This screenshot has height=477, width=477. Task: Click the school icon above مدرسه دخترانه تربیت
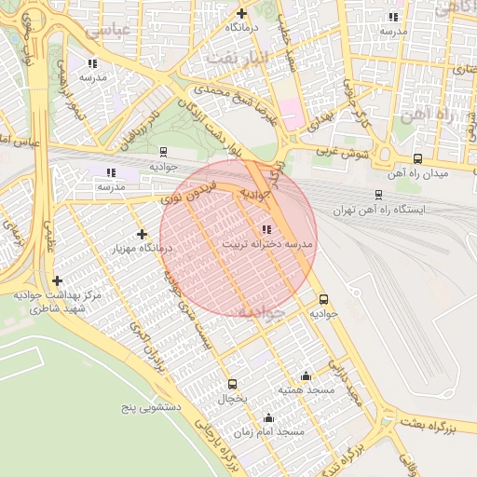pyautogui.click(x=267, y=228)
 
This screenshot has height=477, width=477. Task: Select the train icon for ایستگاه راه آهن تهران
pyautogui.click(x=377, y=195)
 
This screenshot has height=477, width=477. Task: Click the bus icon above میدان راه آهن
pyautogui.click(x=416, y=158)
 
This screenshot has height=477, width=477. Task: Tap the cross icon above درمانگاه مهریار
pyautogui.click(x=142, y=234)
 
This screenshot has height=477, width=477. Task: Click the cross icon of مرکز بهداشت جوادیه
pyautogui.click(x=58, y=279)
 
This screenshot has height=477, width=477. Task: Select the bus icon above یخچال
pyautogui.click(x=232, y=384)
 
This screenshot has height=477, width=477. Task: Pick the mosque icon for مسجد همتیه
pyautogui.click(x=306, y=376)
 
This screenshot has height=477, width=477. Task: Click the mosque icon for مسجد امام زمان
pyautogui.click(x=269, y=417)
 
